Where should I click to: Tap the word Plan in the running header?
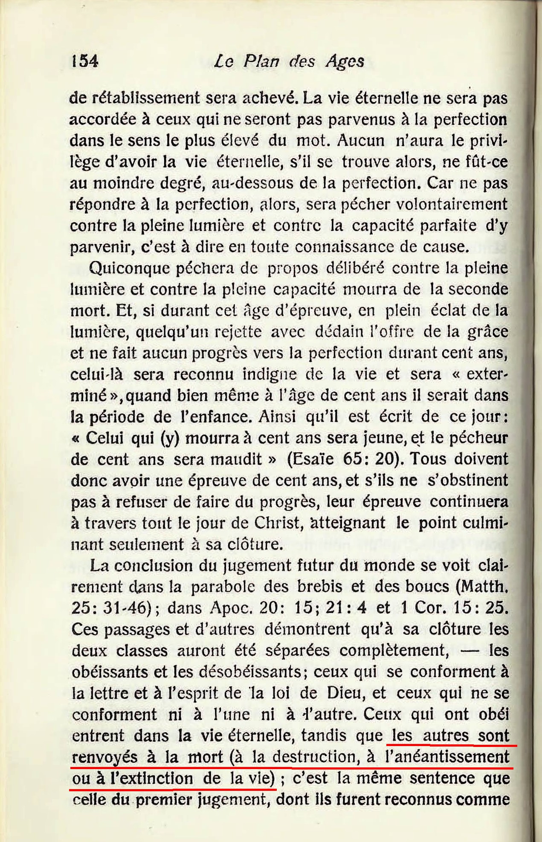261,61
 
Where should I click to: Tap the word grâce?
487,331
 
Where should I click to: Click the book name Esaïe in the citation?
313,459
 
